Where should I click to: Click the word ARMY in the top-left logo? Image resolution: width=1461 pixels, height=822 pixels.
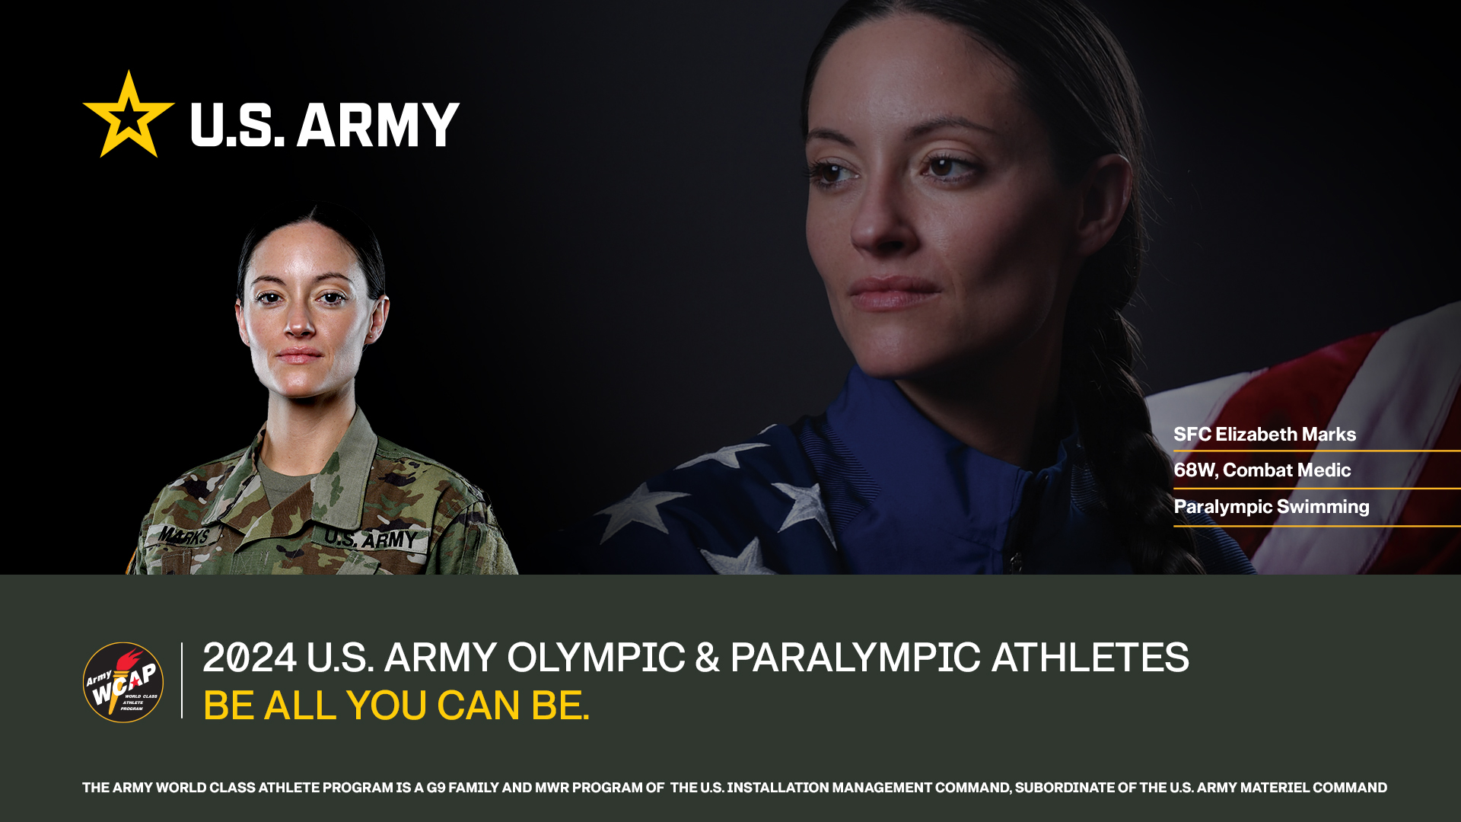[x=378, y=125]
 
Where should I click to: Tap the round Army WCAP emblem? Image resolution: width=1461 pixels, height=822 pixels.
[x=123, y=682]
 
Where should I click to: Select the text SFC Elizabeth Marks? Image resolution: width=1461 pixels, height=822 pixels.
[x=1265, y=435]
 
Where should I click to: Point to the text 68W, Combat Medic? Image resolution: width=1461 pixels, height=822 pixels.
[x=1262, y=470]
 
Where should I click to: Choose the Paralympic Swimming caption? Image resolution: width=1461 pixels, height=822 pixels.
[x=1272, y=507]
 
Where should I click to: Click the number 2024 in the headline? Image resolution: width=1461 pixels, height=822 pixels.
[x=250, y=658]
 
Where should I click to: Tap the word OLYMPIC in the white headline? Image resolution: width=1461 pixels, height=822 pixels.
[x=596, y=658]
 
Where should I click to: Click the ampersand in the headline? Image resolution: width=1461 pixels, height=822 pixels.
[x=707, y=658]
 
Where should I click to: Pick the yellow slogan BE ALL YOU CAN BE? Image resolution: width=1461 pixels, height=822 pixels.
[x=396, y=706]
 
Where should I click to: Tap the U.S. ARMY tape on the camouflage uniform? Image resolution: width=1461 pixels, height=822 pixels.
[x=371, y=538]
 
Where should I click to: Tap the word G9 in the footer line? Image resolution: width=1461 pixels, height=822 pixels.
[x=436, y=788]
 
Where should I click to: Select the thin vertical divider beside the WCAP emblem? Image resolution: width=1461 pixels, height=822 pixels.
[x=182, y=680]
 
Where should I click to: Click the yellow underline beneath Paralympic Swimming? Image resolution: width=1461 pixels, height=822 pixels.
[x=1317, y=525]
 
